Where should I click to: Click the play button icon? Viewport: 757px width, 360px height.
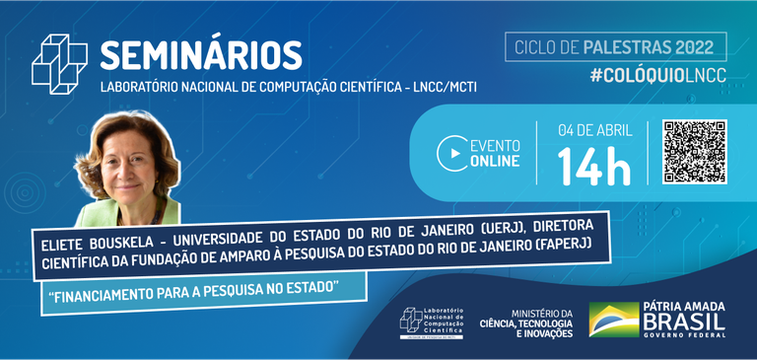click(x=452, y=153)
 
